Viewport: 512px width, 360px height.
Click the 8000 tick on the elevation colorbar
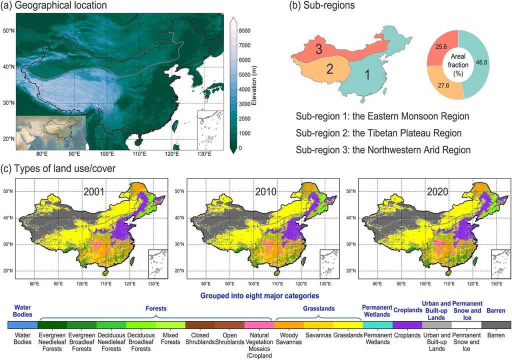[x=244, y=30]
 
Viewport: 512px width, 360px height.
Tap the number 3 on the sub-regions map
[x=318, y=48]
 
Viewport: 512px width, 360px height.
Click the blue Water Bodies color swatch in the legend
[x=23, y=324]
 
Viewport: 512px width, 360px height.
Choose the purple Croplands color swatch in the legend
[x=407, y=324]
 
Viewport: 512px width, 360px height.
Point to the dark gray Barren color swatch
[x=496, y=324]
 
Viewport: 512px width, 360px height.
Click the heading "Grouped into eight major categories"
[x=259, y=295]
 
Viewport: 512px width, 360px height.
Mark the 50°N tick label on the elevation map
[x=7, y=31]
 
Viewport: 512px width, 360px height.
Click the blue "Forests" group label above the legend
[x=155, y=309]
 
